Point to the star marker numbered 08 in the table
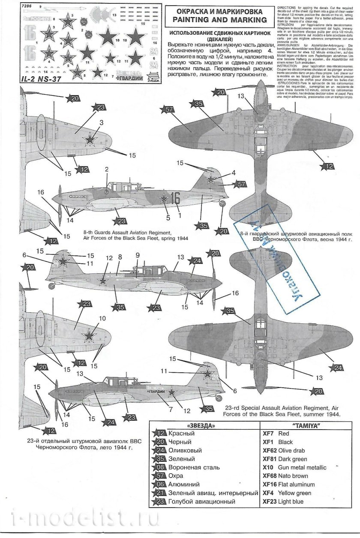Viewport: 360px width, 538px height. [159, 467]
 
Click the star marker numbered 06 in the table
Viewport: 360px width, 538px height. [159, 484]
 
